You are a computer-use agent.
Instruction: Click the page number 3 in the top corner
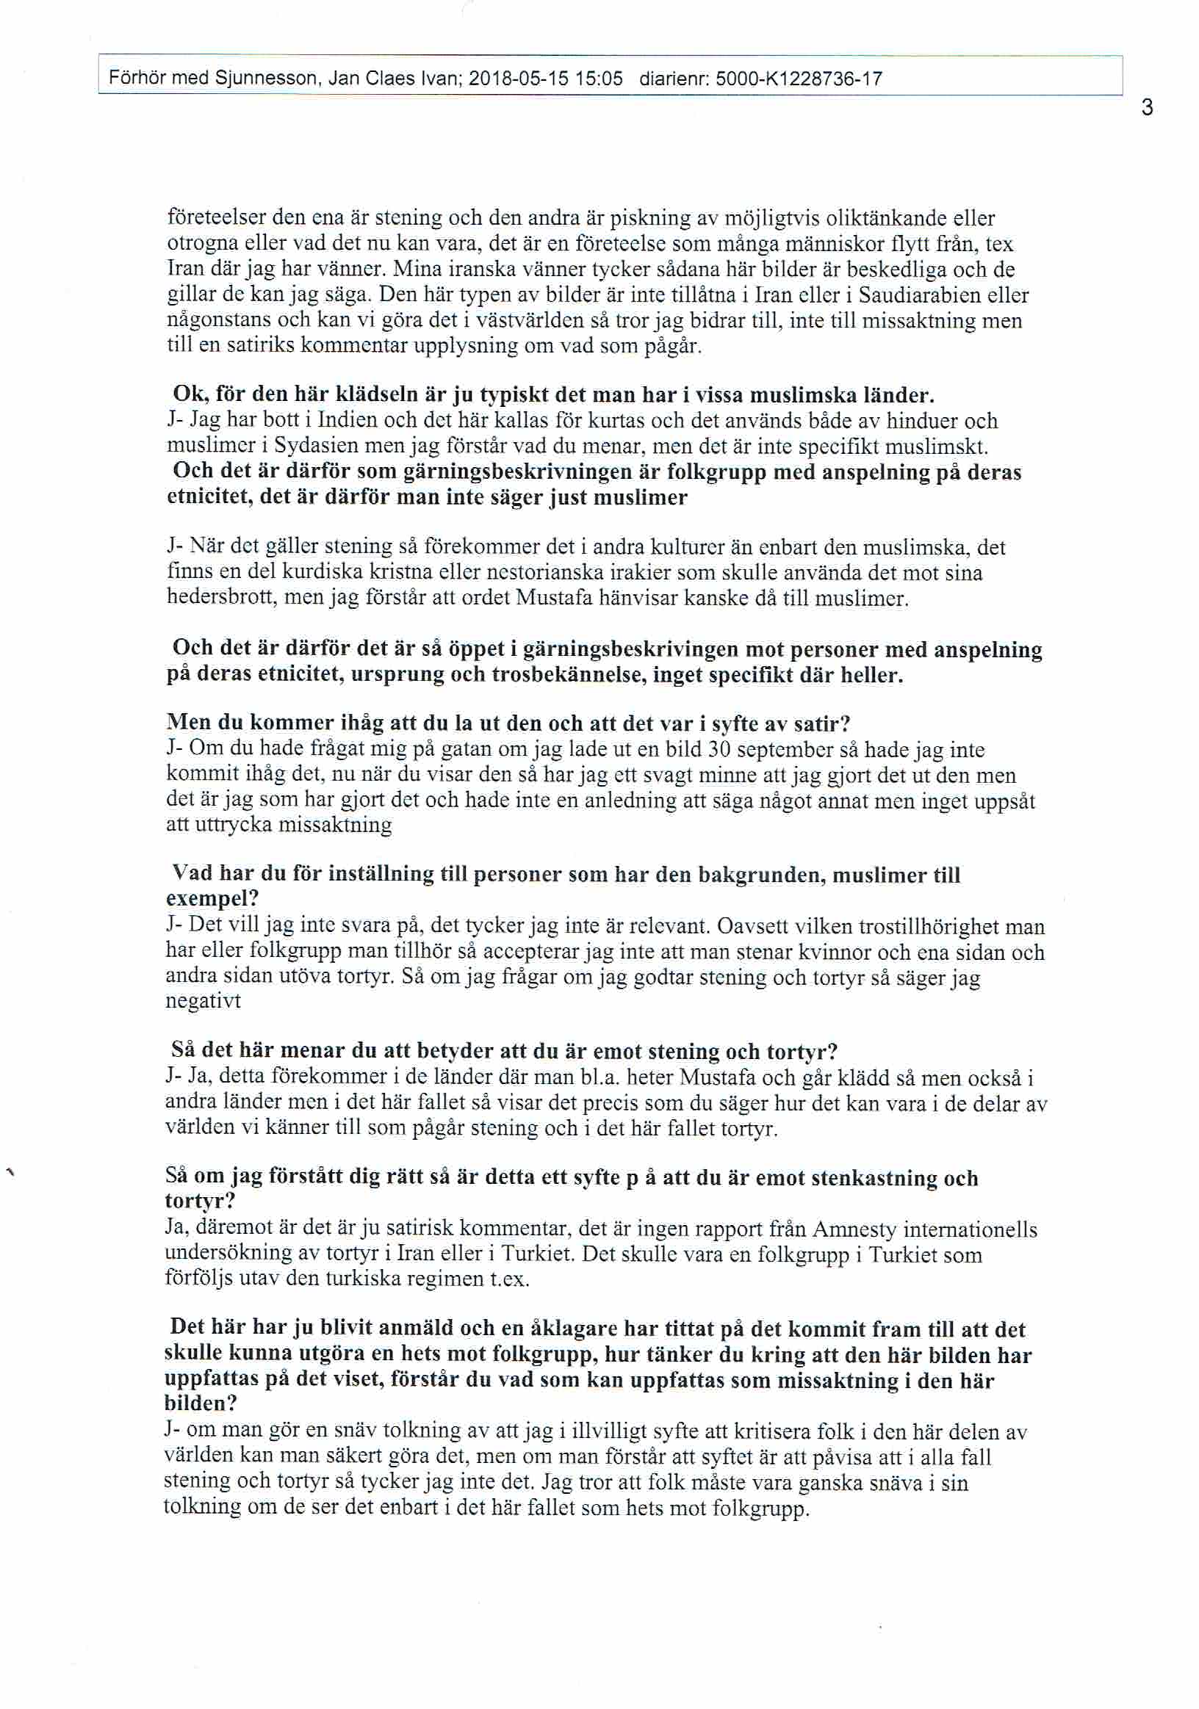click(x=1147, y=109)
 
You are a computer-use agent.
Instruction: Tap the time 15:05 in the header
click(x=597, y=78)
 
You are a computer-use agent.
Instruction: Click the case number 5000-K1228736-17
click(x=799, y=78)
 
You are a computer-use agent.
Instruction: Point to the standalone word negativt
click(x=204, y=1002)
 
